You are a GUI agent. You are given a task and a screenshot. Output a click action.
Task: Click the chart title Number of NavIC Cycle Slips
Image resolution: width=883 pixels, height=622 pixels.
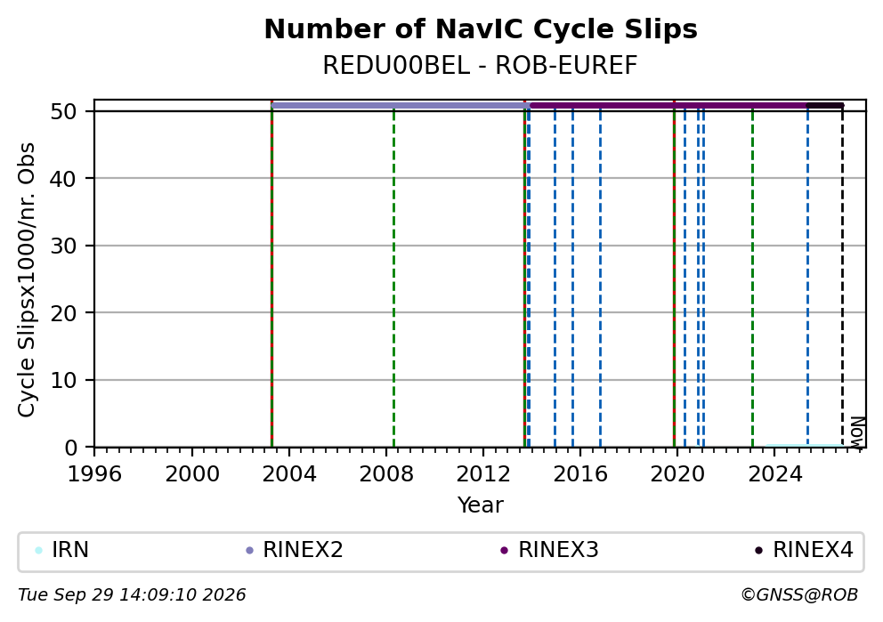coord(481,29)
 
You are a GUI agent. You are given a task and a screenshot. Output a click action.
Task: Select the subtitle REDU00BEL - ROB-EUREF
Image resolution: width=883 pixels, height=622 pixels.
coord(481,66)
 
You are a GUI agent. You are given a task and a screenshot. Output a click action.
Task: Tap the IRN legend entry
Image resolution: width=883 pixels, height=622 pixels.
coord(62,550)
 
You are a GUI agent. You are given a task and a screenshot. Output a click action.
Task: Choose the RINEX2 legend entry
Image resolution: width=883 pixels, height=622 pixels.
coord(295,550)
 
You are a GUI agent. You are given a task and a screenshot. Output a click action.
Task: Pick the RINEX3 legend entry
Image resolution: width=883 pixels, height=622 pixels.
coord(549,550)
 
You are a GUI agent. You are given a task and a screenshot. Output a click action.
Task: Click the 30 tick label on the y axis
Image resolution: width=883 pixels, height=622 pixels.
coord(63,246)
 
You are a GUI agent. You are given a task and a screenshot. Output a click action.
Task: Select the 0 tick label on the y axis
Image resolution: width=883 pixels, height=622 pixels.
coord(71,448)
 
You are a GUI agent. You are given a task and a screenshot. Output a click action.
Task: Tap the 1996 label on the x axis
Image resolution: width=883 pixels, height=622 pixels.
coord(94,474)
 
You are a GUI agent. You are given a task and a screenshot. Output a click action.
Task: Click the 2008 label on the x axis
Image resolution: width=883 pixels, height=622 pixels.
coord(386,474)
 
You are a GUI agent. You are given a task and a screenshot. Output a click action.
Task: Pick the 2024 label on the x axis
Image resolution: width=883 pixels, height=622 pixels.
coord(775,474)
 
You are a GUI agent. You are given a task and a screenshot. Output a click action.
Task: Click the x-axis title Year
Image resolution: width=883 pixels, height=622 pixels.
coord(481,505)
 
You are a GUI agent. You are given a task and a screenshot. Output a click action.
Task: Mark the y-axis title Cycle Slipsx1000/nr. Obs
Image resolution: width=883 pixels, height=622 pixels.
coord(26,279)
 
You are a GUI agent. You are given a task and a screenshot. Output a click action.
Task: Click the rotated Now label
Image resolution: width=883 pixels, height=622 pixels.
coord(856,432)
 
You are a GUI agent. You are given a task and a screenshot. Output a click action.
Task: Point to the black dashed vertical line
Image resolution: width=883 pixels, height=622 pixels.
coord(842,277)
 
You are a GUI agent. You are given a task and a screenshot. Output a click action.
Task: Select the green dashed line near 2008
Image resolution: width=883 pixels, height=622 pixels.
coord(393,277)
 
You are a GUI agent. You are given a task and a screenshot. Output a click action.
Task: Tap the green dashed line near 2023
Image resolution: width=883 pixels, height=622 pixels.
coord(752,277)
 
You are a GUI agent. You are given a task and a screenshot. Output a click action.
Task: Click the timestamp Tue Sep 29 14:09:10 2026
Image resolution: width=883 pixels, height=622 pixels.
coord(132,595)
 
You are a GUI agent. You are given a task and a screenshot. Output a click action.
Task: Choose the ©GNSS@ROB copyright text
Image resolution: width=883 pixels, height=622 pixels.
coord(799,595)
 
